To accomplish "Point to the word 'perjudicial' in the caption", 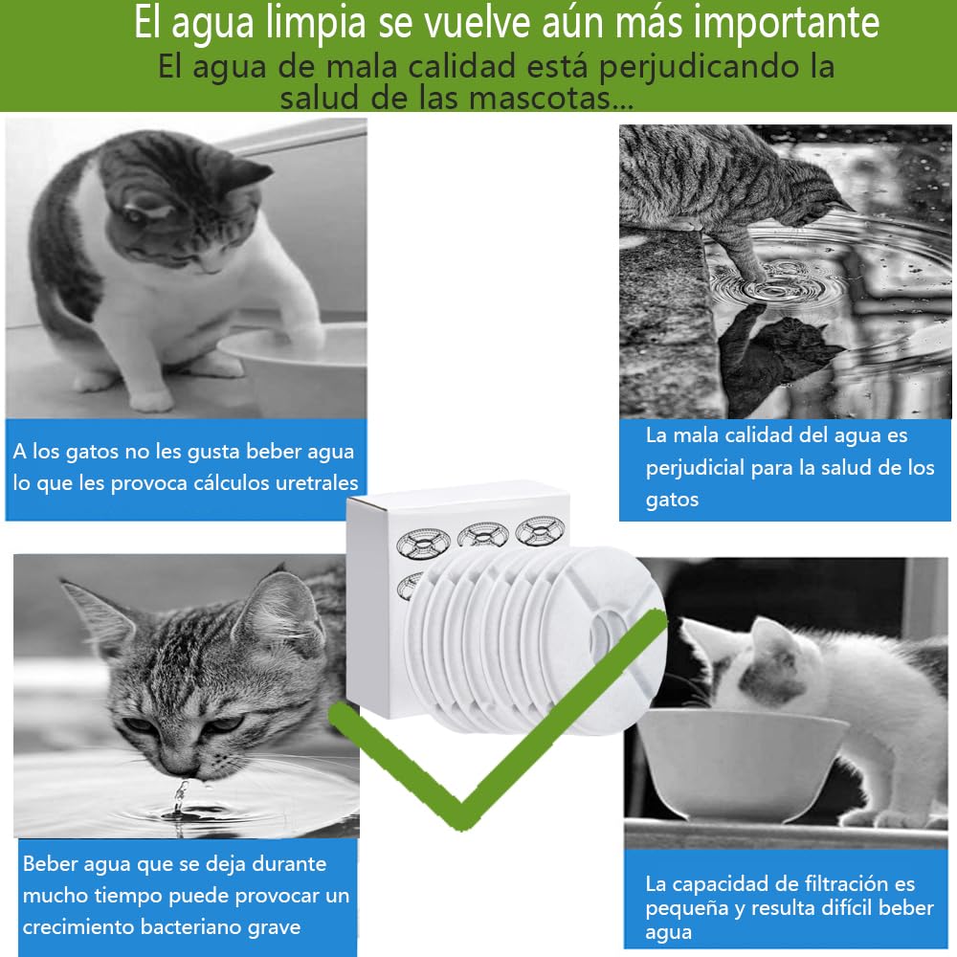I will pyautogui.click(x=695, y=468).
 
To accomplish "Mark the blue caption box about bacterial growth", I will pyautogui.click(x=187, y=895).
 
